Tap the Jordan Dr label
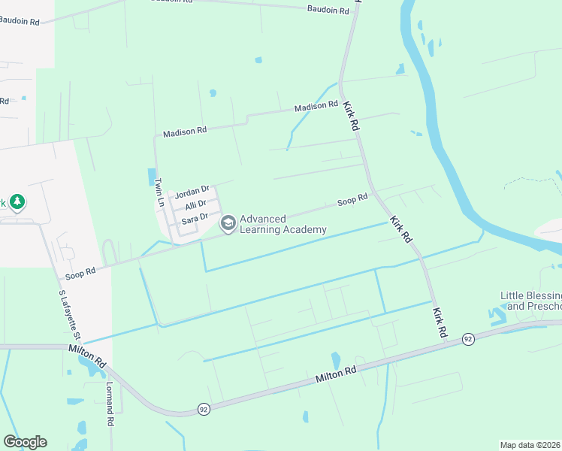(192, 193)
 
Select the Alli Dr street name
(195, 205)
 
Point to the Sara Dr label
(194, 217)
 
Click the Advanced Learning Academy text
(283, 223)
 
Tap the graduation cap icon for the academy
(228, 223)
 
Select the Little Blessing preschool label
(531, 301)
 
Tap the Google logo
(25, 442)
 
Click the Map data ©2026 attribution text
(530, 445)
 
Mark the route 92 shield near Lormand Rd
(204, 409)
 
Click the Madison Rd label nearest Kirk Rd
(316, 107)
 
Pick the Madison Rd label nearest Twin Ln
(185, 132)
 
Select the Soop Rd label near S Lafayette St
(81, 275)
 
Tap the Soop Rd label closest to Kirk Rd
(352, 200)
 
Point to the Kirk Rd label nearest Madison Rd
(351, 117)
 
